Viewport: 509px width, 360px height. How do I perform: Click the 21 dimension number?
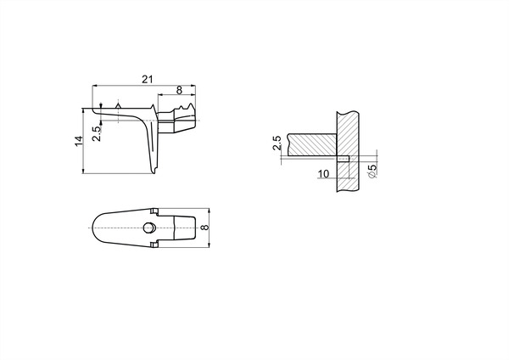tap(147, 79)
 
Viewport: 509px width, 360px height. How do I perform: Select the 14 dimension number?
tap(79, 141)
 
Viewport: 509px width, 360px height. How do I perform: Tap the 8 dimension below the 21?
tap(179, 90)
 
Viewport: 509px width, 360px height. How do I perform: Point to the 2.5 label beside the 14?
tap(97, 133)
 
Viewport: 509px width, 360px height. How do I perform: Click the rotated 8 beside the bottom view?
tap(205, 227)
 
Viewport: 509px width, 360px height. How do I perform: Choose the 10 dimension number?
tap(323, 174)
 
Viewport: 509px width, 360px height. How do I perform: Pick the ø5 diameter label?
tap(373, 171)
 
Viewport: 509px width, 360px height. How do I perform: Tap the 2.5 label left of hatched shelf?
tap(277, 143)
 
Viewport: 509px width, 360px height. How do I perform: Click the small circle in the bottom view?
tap(148, 228)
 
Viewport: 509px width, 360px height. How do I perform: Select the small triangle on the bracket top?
tap(119, 105)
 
